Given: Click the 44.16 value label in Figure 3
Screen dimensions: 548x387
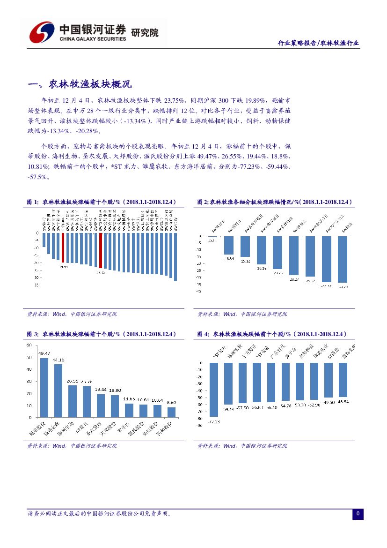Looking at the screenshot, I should pos(58,360).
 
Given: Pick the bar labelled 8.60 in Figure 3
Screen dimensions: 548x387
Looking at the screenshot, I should pos(171,412).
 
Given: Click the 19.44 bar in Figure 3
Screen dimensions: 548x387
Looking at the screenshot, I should pos(101,405).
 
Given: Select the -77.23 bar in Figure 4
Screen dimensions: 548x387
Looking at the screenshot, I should pos(213,389).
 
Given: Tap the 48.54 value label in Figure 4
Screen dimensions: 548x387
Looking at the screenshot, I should pos(343,402).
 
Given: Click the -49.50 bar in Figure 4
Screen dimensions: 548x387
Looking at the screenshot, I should pos(329,380).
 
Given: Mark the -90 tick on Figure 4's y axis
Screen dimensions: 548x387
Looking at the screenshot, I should pos(199,426).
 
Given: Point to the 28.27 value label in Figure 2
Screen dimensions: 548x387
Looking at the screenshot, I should pos(294,279).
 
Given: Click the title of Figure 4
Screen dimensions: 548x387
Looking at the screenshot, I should pos(272,334).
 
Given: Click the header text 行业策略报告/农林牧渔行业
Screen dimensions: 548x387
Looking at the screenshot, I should pos(319,43).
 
